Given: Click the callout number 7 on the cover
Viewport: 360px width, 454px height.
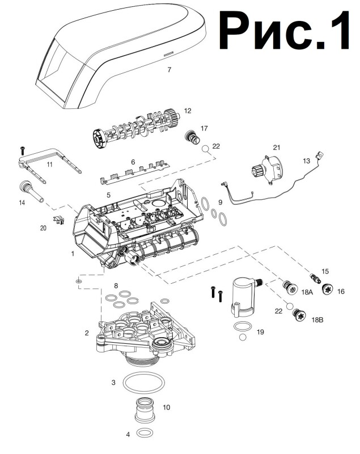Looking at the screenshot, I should tap(169, 70).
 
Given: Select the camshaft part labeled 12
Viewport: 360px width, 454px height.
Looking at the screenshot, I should tap(136, 130).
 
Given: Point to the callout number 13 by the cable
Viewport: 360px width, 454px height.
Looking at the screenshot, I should tap(306, 161).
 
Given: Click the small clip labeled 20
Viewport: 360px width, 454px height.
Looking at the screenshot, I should tap(57, 221).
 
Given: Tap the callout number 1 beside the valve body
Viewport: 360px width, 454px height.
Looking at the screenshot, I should tap(73, 254).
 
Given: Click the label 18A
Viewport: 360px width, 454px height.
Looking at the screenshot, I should tap(307, 292).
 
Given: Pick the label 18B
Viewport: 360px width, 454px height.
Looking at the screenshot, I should tap(316, 320).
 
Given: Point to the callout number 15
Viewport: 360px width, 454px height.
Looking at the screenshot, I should tap(325, 271).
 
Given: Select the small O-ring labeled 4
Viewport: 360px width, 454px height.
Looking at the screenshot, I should tap(144, 433).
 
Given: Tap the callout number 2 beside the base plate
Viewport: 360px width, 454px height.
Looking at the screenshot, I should tap(87, 333).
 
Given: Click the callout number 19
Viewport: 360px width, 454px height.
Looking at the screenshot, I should tap(260, 331).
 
